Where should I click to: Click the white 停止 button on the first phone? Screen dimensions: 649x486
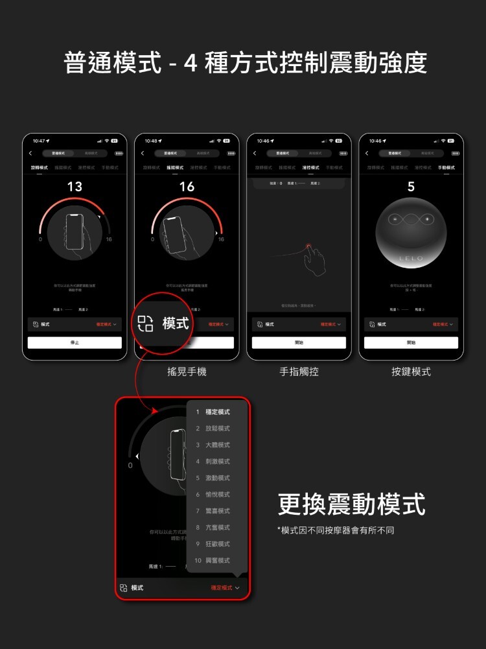coord(75,342)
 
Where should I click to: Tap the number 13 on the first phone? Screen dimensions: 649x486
coord(75,187)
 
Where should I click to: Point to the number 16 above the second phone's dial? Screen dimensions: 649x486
coord(187,187)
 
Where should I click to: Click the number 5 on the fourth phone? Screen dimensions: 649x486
coord(411,187)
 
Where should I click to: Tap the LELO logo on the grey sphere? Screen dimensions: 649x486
coord(411,258)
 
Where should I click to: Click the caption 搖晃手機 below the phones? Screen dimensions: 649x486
coord(187,372)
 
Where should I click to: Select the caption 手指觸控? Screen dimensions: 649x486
coord(299,372)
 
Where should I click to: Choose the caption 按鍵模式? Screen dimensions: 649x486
coord(411,372)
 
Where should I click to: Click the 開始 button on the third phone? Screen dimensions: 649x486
coord(299,342)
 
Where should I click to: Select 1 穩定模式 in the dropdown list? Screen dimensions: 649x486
coord(213,412)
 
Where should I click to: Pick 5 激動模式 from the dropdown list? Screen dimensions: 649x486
coord(213,478)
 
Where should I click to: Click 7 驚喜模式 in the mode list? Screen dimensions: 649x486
coord(213,511)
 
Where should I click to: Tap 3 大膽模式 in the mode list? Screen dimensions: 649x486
coord(213,445)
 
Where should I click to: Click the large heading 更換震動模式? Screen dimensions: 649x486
coord(351,504)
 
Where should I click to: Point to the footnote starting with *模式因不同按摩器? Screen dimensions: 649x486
coord(336,530)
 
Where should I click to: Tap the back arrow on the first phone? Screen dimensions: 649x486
coord(30,153)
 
